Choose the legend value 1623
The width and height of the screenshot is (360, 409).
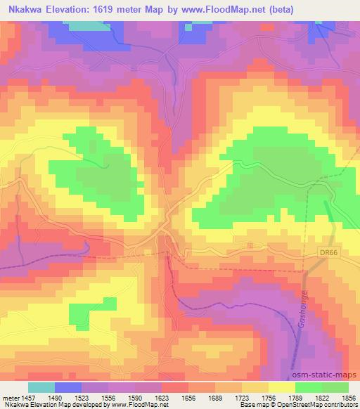point(162,397)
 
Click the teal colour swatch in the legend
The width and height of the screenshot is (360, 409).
point(41,387)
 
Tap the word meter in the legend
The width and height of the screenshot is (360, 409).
point(9,397)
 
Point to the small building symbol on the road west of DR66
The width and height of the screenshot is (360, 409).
point(251,245)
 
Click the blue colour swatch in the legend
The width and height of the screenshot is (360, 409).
point(68,387)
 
